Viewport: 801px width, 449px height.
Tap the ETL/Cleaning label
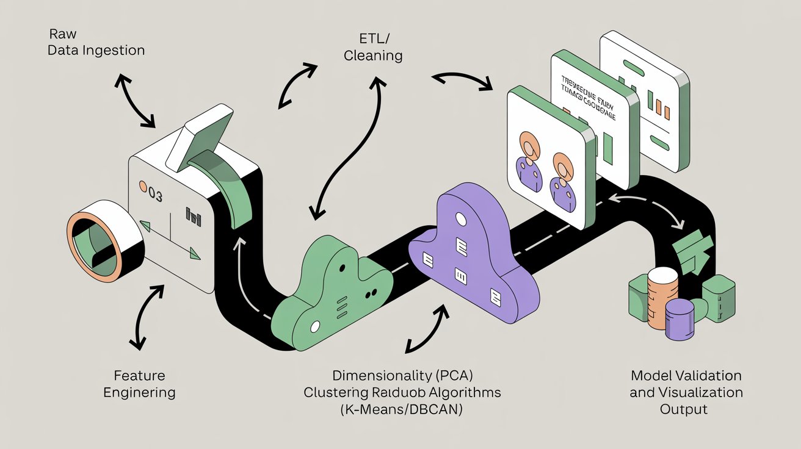(373, 47)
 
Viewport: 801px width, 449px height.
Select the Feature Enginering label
(139, 384)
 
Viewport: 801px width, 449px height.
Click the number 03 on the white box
(153, 195)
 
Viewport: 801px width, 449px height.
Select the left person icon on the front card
(529, 159)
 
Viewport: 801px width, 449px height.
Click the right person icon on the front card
(563, 177)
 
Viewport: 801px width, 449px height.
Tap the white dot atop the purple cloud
(462, 218)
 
